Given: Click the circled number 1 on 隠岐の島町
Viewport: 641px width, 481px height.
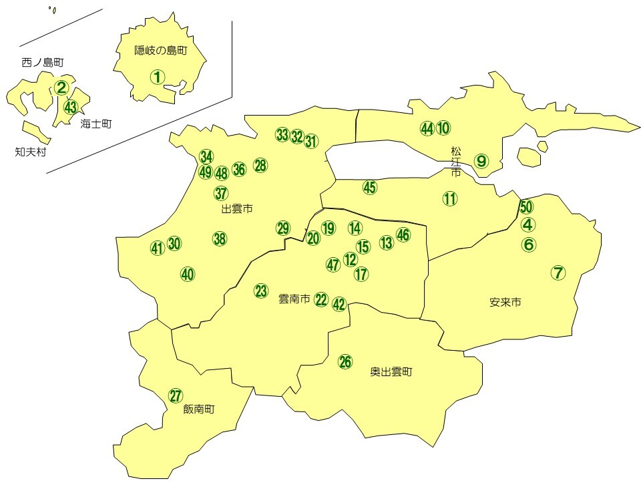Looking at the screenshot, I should point(157,77).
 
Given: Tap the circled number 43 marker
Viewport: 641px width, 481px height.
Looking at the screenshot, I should point(71,106).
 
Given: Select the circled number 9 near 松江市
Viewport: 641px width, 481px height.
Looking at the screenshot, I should point(481,160).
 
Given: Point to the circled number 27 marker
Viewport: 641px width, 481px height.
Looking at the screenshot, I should point(175,395).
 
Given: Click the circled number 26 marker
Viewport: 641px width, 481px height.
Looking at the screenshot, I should point(345,361).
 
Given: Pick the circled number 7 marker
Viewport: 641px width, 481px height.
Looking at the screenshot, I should point(558,273).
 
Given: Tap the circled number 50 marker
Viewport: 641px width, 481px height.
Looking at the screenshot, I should point(526,207).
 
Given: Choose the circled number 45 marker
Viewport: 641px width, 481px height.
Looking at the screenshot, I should point(370,188).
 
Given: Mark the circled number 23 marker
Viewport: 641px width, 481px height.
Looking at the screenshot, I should point(261,291).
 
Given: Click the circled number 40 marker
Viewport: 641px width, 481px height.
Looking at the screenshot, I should point(188,274).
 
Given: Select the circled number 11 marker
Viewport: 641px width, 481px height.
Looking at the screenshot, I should point(450,198).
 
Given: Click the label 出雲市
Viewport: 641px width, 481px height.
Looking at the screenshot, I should point(237,209).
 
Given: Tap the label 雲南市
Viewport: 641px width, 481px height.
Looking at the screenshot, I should point(294,300).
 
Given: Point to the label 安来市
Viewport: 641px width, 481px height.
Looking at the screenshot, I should point(505,303).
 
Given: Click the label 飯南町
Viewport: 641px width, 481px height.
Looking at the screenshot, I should point(199,410).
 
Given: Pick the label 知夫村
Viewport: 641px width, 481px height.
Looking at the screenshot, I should point(30,152).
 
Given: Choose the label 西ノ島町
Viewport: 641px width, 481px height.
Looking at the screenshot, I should point(42,63).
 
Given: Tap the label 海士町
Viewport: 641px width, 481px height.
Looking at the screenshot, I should point(95,124).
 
